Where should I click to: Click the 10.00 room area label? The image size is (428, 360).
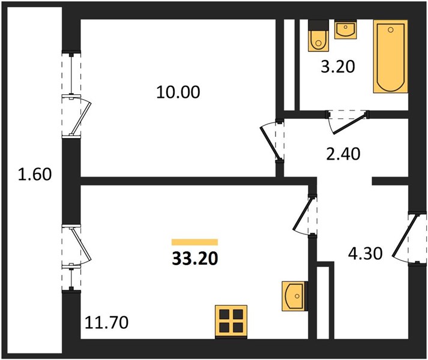(178, 92)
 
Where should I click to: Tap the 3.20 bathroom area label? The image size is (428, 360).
(337, 67)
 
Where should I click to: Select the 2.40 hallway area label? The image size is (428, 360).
(343, 154)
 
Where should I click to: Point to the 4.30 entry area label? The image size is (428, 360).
(365, 254)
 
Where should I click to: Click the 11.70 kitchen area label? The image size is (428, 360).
(106, 322)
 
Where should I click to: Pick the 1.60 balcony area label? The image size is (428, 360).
(35, 175)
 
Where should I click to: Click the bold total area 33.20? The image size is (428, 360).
(195, 258)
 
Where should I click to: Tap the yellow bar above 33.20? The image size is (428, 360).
(194, 242)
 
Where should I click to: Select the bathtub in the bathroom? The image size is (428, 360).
(391, 56)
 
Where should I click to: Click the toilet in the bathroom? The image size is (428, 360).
(318, 36)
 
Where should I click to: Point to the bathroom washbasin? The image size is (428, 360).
(346, 29)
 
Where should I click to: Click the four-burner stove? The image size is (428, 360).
(231, 322)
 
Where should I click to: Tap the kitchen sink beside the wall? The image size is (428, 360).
(294, 296)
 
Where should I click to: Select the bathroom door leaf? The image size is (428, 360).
(349, 124)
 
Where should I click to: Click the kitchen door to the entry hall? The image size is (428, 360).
(303, 214)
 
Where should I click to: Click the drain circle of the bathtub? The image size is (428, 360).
(391, 30)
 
